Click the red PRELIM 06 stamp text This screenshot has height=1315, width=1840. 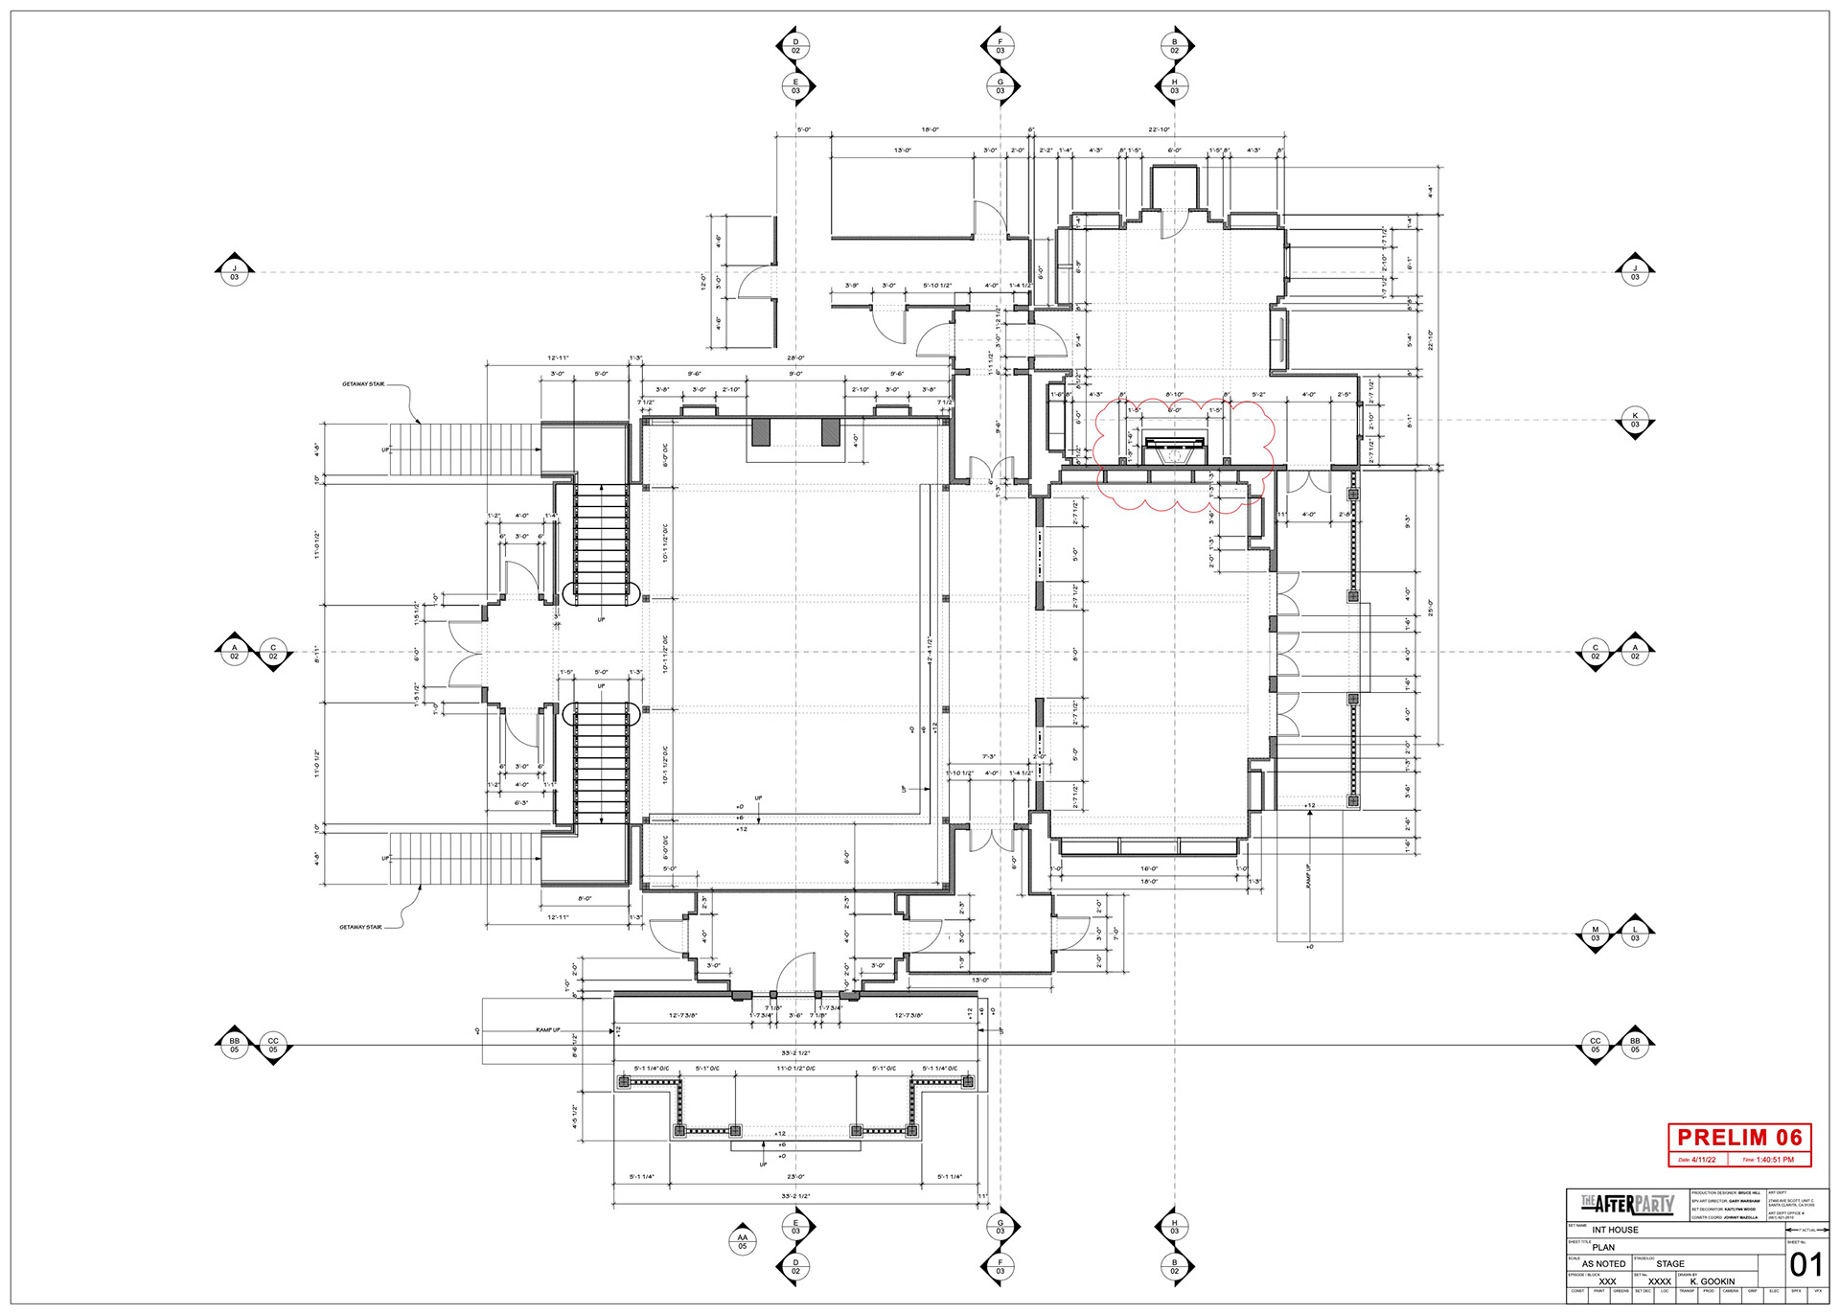pos(1739,1138)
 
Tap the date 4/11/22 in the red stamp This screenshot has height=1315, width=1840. pos(1703,1160)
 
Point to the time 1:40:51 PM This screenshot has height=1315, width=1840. pos(1775,1160)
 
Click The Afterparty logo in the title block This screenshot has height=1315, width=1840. pos(1626,1204)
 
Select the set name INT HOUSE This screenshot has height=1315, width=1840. pos(1615,1230)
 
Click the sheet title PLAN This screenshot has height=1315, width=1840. pos(1603,1247)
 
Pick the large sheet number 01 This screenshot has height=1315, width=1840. pos(1805,1265)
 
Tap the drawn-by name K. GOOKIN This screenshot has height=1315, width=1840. pos(1712,1281)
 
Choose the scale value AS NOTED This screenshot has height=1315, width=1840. pos(1603,1264)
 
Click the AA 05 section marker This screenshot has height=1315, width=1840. pos(742,1241)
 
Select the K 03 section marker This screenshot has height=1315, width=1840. pos(1635,420)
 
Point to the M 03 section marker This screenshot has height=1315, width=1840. pos(1595,934)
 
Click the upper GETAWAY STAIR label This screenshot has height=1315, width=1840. pos(363,384)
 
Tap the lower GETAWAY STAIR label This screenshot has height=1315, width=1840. pos(360,927)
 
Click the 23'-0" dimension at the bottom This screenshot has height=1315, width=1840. pos(795,1176)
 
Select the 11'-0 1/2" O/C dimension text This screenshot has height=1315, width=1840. pos(795,1068)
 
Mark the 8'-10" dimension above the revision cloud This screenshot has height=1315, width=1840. pos(1174,395)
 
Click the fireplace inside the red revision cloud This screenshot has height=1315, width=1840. pos(1174,448)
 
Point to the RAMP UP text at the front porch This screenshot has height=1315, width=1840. pos(548,1030)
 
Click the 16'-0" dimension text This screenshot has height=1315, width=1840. pos(1148,868)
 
